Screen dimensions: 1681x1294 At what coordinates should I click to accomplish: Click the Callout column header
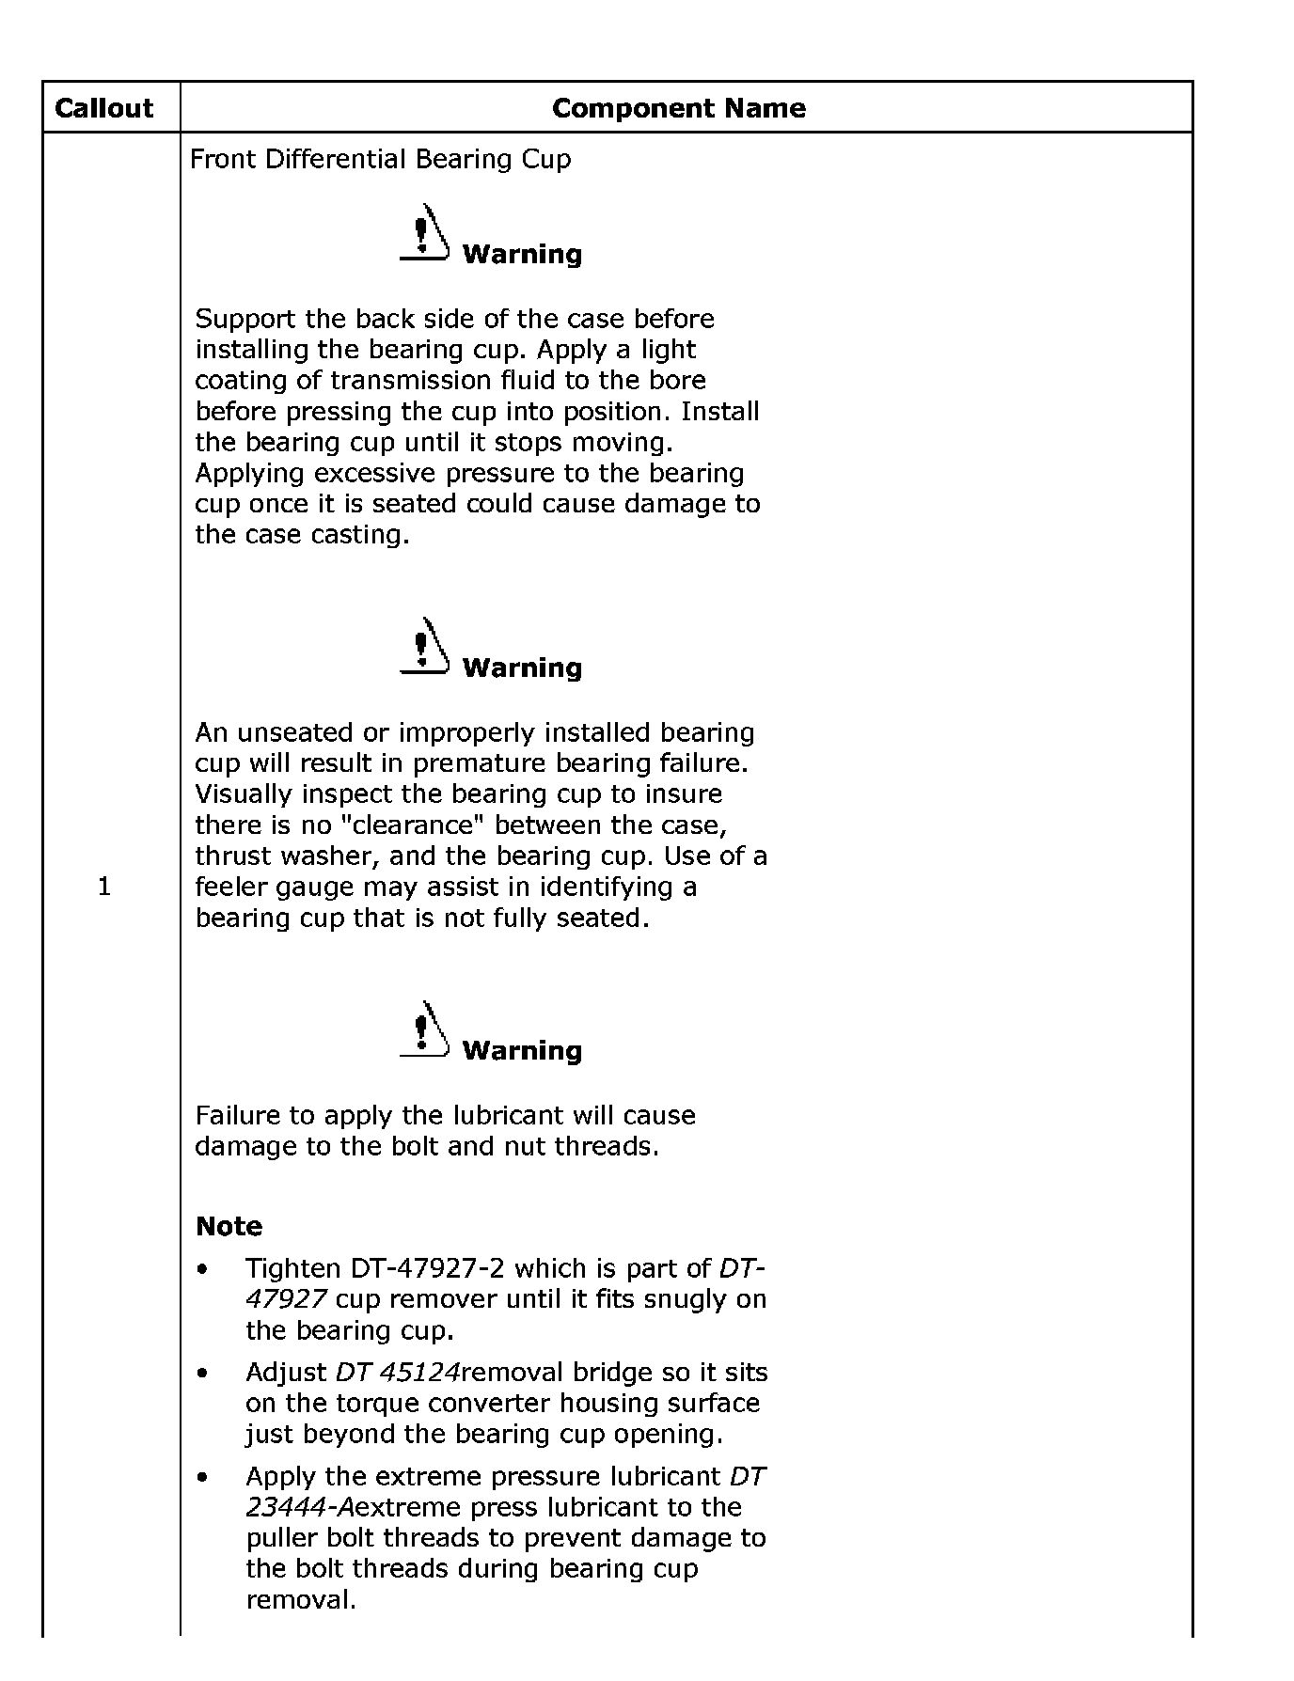pyautogui.click(x=103, y=108)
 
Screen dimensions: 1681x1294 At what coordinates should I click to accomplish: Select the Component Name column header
pyautogui.click(x=678, y=108)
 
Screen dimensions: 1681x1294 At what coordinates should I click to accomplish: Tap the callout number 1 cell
pyautogui.click(x=103, y=886)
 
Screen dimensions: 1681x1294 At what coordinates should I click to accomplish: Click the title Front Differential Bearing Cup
pyautogui.click(x=380, y=159)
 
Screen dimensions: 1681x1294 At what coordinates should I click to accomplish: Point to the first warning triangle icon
pyautogui.click(x=424, y=233)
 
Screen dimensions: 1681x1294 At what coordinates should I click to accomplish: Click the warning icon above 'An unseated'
pyautogui.click(x=424, y=647)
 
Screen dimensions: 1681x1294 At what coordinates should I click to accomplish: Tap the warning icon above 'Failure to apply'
pyautogui.click(x=424, y=1029)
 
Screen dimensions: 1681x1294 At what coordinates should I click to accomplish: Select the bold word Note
pyautogui.click(x=229, y=1226)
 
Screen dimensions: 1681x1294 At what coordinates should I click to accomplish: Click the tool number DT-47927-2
pyautogui.click(x=427, y=1268)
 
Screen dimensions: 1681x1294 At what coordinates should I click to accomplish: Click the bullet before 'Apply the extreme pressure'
pyautogui.click(x=202, y=1478)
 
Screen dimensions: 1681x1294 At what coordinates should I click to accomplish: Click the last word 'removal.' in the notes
pyautogui.click(x=301, y=1600)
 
